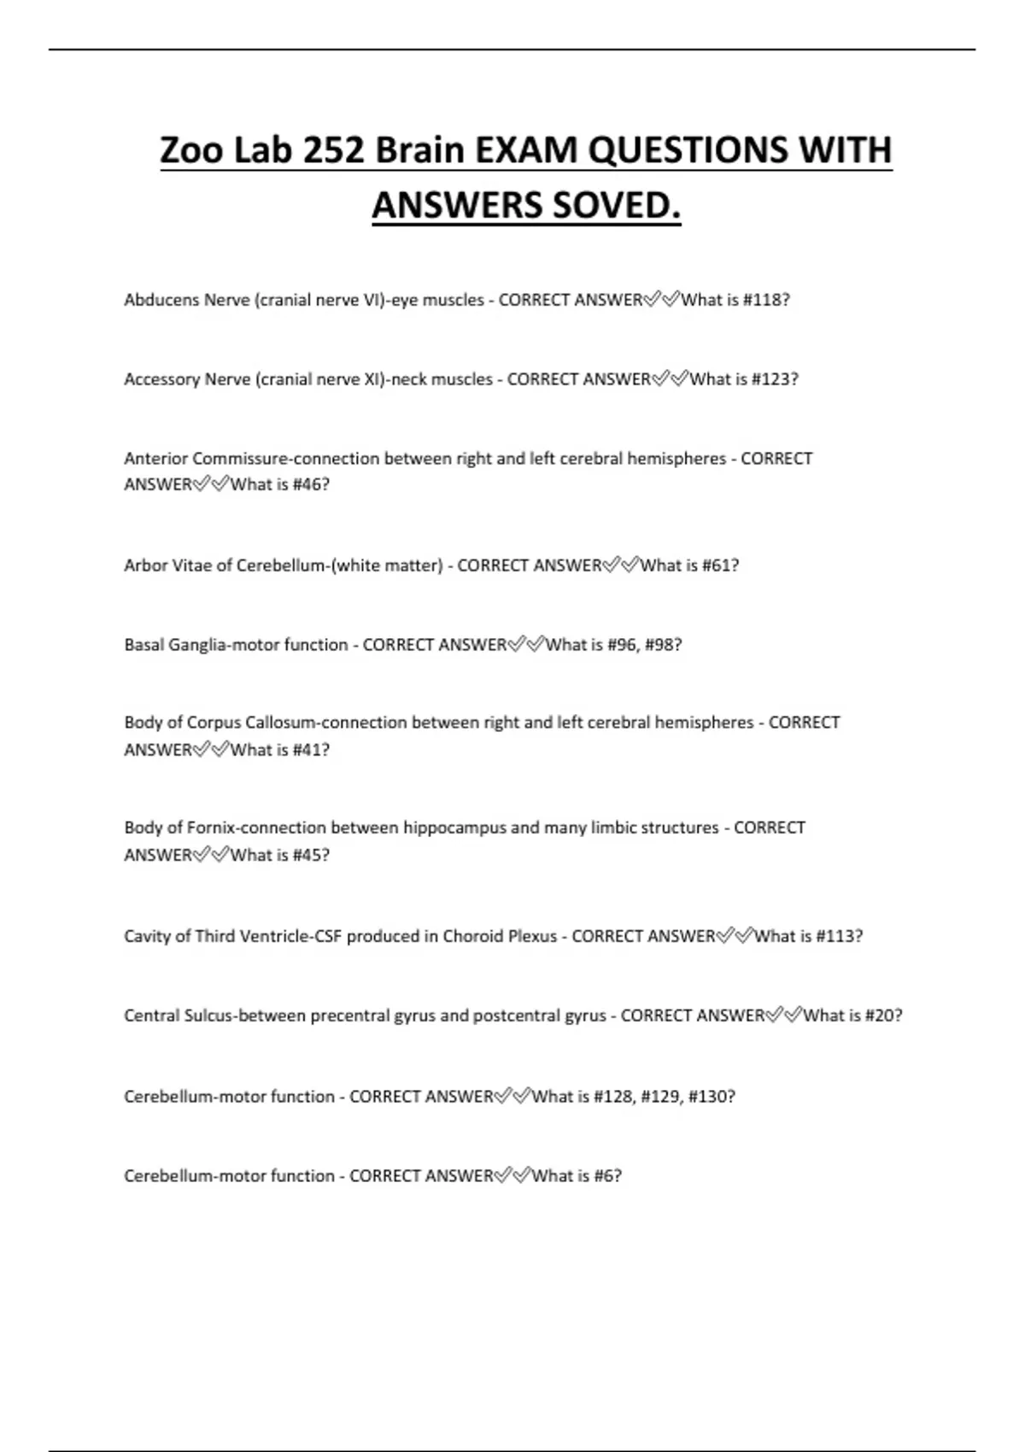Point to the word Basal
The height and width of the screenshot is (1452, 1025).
(x=143, y=645)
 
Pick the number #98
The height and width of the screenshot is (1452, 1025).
(x=662, y=645)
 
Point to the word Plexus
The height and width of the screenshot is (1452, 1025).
(x=532, y=936)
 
